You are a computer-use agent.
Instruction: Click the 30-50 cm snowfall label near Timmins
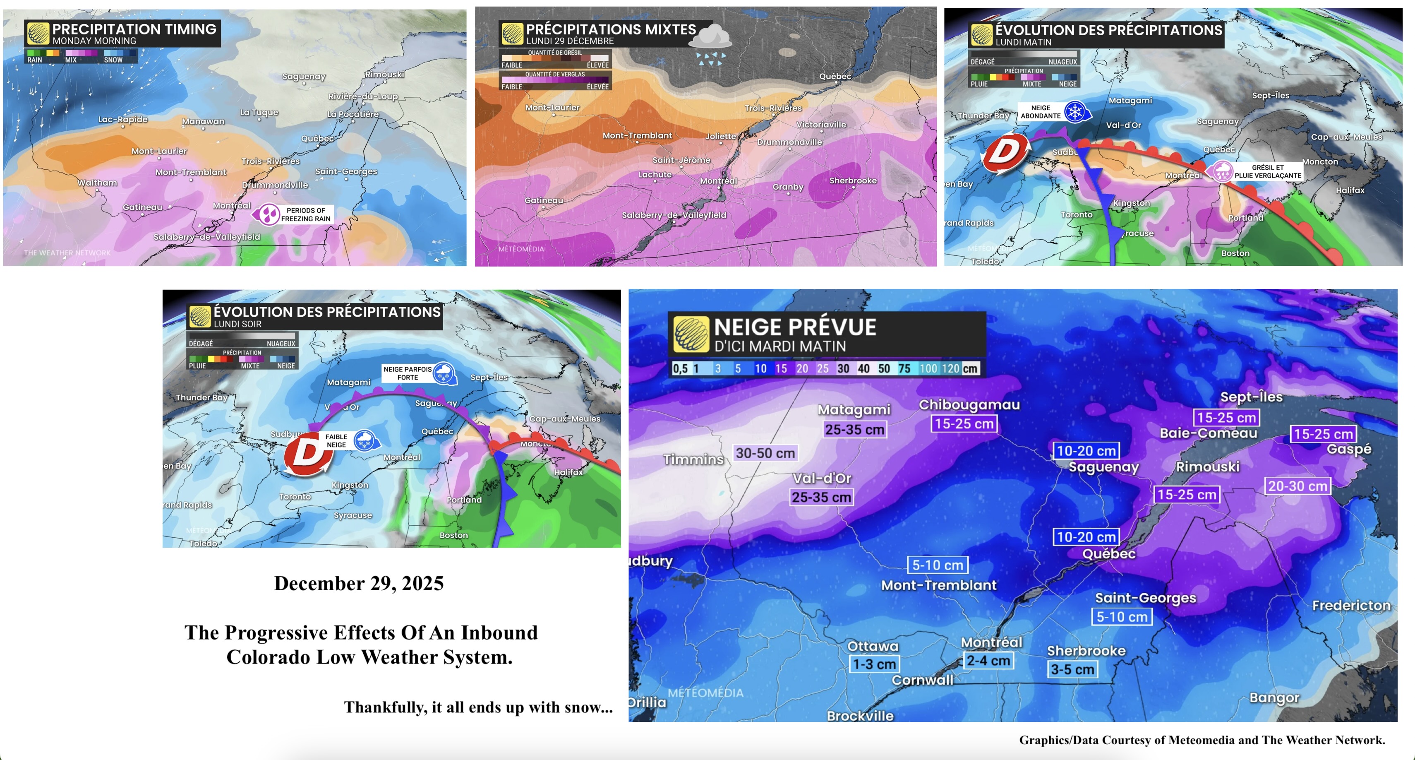(x=765, y=453)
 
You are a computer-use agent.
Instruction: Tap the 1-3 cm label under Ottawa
(x=874, y=664)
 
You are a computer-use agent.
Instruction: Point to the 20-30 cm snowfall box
(x=1297, y=486)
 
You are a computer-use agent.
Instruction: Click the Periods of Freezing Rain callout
(x=294, y=214)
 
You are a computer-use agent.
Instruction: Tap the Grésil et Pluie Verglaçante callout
(x=1257, y=171)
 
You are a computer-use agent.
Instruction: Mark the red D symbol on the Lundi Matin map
(x=1005, y=153)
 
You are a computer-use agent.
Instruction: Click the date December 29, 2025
(x=359, y=583)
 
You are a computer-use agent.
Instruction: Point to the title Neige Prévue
(x=795, y=327)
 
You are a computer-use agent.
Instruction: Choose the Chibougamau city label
(x=969, y=405)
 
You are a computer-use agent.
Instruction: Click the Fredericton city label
(x=1351, y=606)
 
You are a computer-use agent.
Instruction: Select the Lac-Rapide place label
(x=123, y=119)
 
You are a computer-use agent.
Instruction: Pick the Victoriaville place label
(x=821, y=125)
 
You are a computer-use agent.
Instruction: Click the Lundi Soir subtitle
(x=237, y=324)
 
